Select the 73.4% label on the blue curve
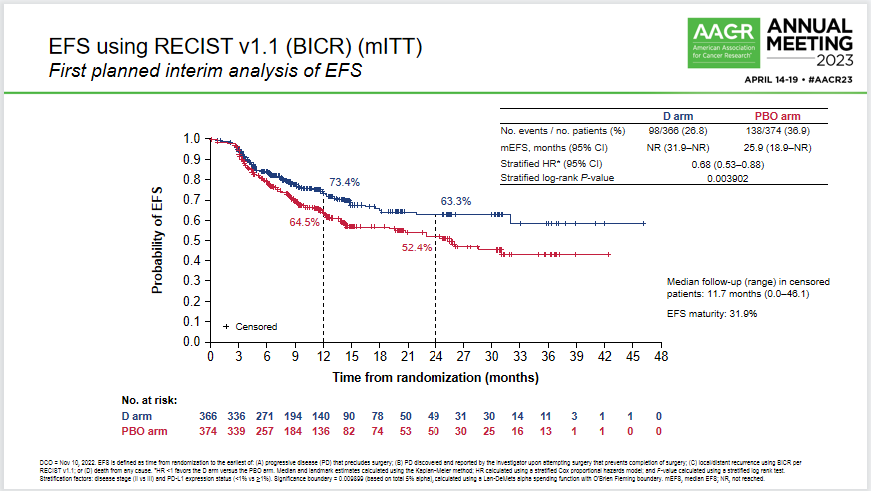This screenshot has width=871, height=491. tap(345, 182)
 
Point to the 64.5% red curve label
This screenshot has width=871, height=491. tap(306, 221)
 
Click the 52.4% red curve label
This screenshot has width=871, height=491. tap(417, 247)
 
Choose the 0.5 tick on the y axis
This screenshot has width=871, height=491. tap(192, 241)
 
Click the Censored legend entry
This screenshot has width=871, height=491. tap(250, 326)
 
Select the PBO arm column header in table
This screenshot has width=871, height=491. tap(776, 116)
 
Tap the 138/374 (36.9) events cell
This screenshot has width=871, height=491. tap(776, 131)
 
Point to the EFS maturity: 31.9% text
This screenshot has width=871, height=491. tap(712, 314)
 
